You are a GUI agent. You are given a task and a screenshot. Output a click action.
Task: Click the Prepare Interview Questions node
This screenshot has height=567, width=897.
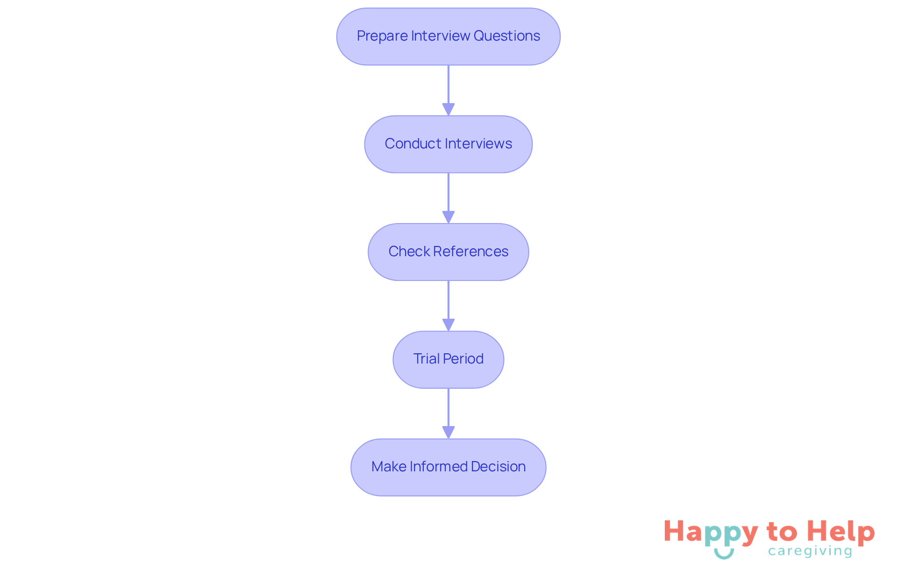[448, 36]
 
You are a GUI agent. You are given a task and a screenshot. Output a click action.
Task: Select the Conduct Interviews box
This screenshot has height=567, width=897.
[448, 144]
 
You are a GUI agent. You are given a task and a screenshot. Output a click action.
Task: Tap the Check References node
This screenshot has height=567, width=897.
[448, 252]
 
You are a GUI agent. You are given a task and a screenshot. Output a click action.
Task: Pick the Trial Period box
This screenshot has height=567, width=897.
[448, 359]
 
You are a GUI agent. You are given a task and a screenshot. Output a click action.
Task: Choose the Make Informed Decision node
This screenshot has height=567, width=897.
[448, 467]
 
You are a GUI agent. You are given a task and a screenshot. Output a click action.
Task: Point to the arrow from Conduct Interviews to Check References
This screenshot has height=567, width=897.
[448, 198]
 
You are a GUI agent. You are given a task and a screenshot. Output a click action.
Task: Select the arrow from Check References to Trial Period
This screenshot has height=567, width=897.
[448, 306]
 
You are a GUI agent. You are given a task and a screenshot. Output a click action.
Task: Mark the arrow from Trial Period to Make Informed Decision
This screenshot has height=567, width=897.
[448, 413]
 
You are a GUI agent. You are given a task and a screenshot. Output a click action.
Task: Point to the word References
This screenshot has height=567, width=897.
[470, 252]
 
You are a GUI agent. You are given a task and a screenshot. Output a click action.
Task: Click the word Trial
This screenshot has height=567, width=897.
[426, 359]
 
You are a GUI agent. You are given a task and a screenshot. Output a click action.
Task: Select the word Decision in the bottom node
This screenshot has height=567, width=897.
[498, 467]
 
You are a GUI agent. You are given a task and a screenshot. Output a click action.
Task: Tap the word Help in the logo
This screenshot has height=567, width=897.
[840, 532]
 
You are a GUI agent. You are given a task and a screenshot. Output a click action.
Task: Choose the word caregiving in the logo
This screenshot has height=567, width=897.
[810, 552]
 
